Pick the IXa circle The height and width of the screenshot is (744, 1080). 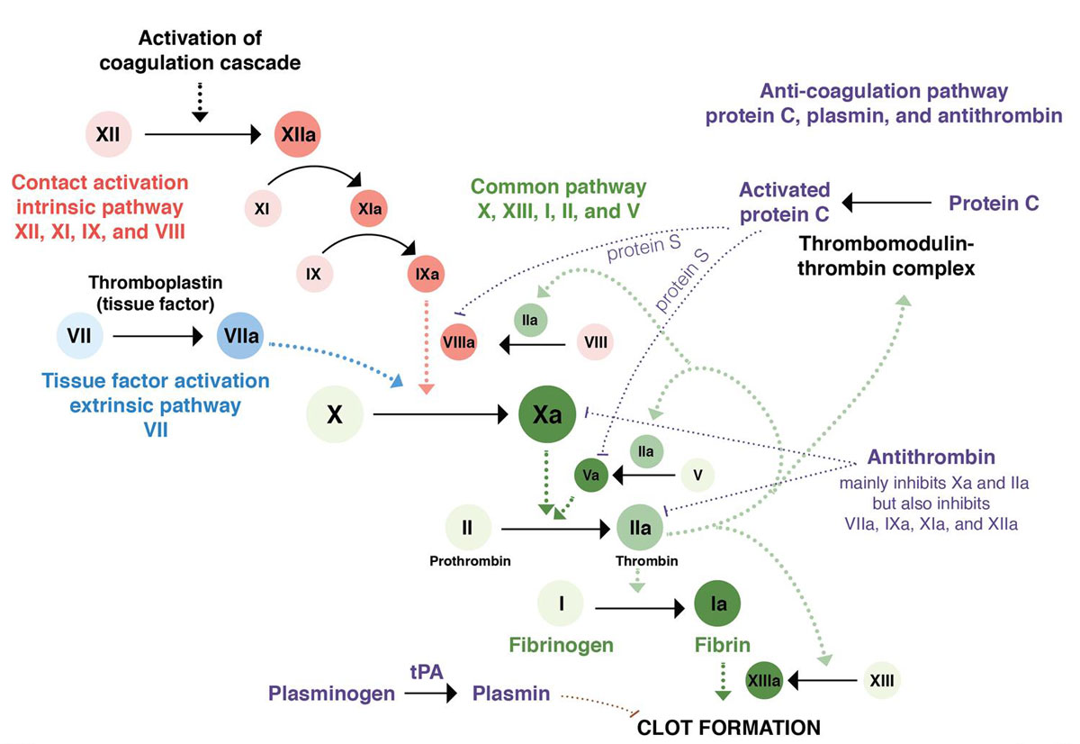pos(425,271)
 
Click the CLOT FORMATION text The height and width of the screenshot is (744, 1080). pos(729,727)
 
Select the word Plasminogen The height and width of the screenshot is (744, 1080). pos(331,694)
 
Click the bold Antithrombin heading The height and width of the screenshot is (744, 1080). pos(931,458)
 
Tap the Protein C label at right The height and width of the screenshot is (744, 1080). pos(994,204)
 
